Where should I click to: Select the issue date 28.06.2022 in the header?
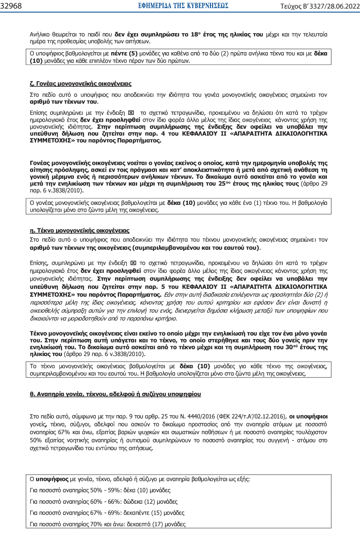point(340,6)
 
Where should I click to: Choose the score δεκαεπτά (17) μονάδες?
point(162,524)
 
